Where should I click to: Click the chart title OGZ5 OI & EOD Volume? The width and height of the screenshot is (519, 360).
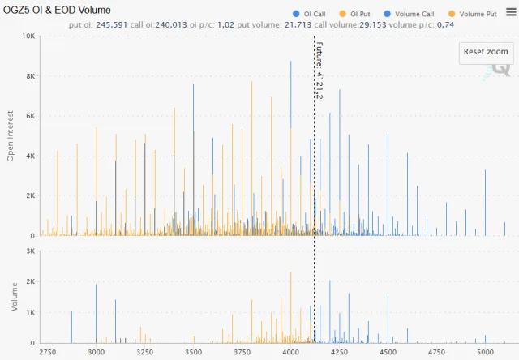[x=58, y=10]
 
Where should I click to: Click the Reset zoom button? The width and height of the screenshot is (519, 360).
[x=486, y=52]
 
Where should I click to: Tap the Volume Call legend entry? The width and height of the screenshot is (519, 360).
[x=414, y=14]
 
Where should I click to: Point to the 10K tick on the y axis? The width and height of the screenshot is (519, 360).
[x=27, y=36]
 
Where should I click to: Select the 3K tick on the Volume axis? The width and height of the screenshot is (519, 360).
[x=29, y=251]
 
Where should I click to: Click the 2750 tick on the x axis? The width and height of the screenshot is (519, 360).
[x=48, y=353]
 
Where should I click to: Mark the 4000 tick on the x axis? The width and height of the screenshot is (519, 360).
[x=291, y=353]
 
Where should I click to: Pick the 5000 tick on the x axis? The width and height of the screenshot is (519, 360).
[x=485, y=353]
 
